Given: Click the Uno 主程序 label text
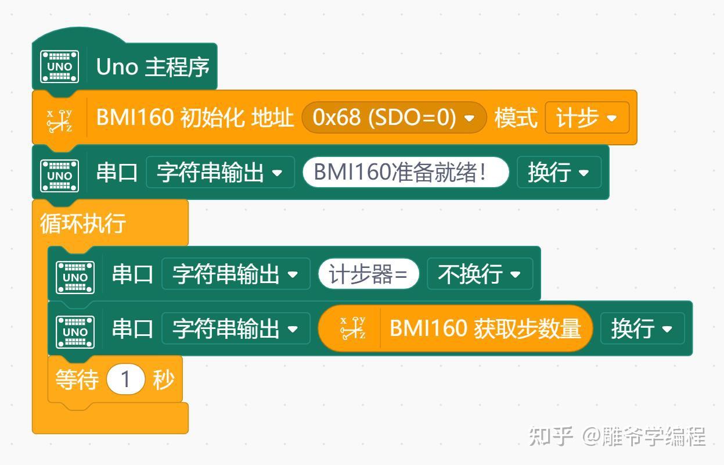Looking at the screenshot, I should [152, 67].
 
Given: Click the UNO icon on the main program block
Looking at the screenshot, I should [59, 67].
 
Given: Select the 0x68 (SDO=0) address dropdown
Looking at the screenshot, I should [393, 118].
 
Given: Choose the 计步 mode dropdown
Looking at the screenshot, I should [586, 118].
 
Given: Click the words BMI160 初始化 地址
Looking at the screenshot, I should [194, 118].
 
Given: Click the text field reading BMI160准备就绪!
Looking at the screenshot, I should [405, 173].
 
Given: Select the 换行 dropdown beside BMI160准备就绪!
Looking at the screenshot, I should [558, 173].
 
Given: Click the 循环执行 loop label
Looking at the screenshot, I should [83, 223].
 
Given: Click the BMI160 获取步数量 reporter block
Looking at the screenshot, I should [485, 329].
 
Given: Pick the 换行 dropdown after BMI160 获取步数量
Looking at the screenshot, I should [642, 329].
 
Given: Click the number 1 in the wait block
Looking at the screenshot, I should [125, 380].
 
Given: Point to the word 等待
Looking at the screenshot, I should [76, 380].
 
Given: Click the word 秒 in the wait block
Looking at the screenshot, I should [163, 380].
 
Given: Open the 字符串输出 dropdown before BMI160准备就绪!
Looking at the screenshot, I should [219, 173].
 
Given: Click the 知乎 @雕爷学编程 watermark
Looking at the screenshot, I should [617, 436].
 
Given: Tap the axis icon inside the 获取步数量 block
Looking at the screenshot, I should [352, 329].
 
